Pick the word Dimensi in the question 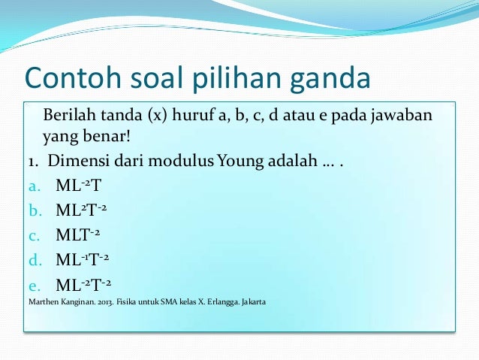[80, 162]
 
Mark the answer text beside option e [85, 285]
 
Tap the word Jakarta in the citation [252, 303]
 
